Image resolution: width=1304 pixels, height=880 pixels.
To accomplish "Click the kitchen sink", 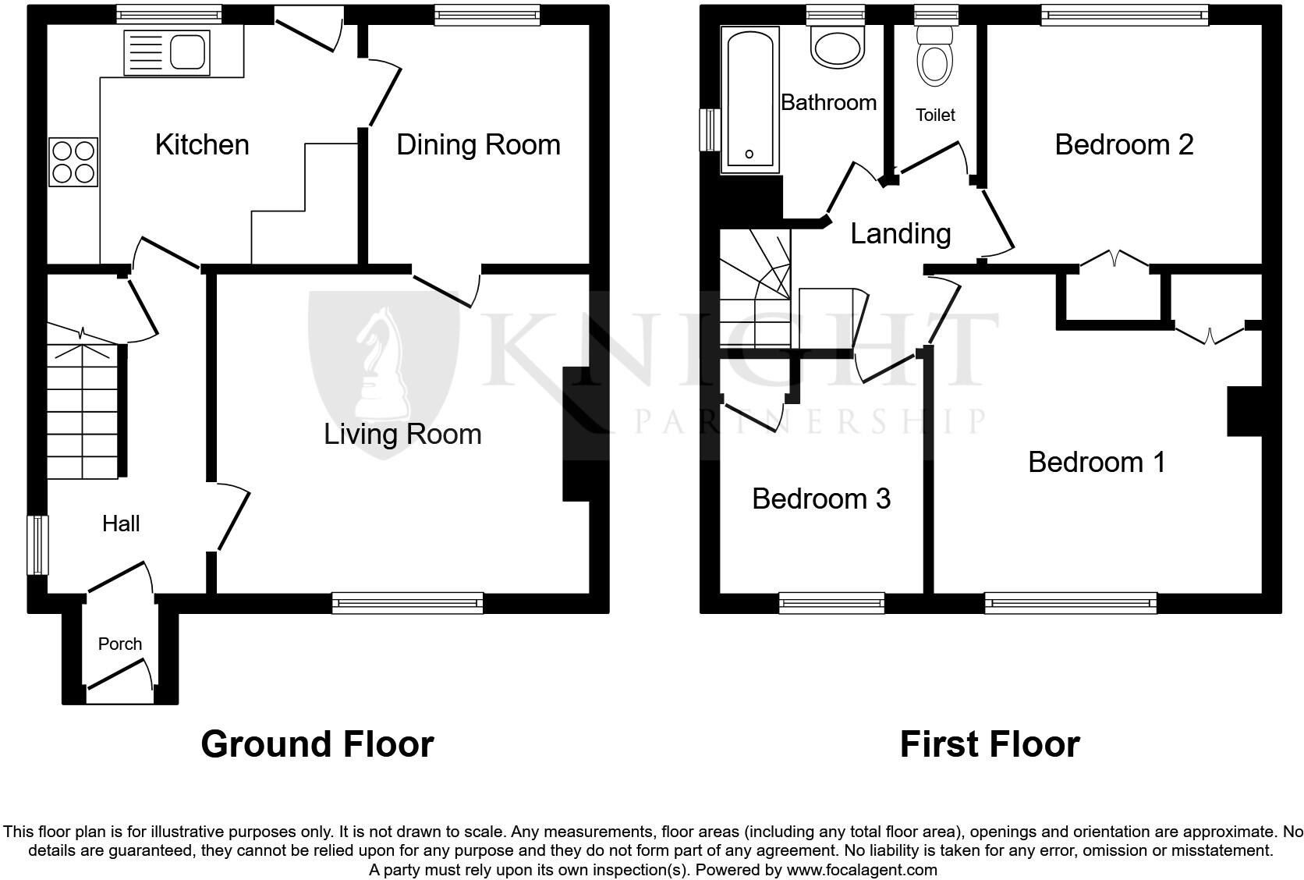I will tap(167, 53).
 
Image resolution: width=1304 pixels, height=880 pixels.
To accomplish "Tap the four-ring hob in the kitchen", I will tap(73, 161).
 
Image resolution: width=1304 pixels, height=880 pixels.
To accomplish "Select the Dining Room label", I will tap(478, 145).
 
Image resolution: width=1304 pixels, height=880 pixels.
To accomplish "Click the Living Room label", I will tap(402, 435).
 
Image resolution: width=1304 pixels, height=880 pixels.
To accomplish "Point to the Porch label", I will tap(120, 644).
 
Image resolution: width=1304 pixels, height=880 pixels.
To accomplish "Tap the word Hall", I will tap(121, 523).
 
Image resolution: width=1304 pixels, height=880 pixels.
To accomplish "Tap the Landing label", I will tap(900, 233).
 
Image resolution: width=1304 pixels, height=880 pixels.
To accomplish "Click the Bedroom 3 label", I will tap(820, 499).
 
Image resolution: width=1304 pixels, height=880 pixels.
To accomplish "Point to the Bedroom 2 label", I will tap(1124, 145).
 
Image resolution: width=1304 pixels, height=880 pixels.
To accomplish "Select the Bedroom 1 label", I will tap(1097, 462).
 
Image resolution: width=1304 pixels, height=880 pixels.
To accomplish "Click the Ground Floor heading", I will tap(317, 744).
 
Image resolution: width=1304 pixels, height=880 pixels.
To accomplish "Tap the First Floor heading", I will tap(989, 744).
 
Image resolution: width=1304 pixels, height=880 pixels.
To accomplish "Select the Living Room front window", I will tap(407, 602).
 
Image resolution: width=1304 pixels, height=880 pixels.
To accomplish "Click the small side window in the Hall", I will tap(37, 545).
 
